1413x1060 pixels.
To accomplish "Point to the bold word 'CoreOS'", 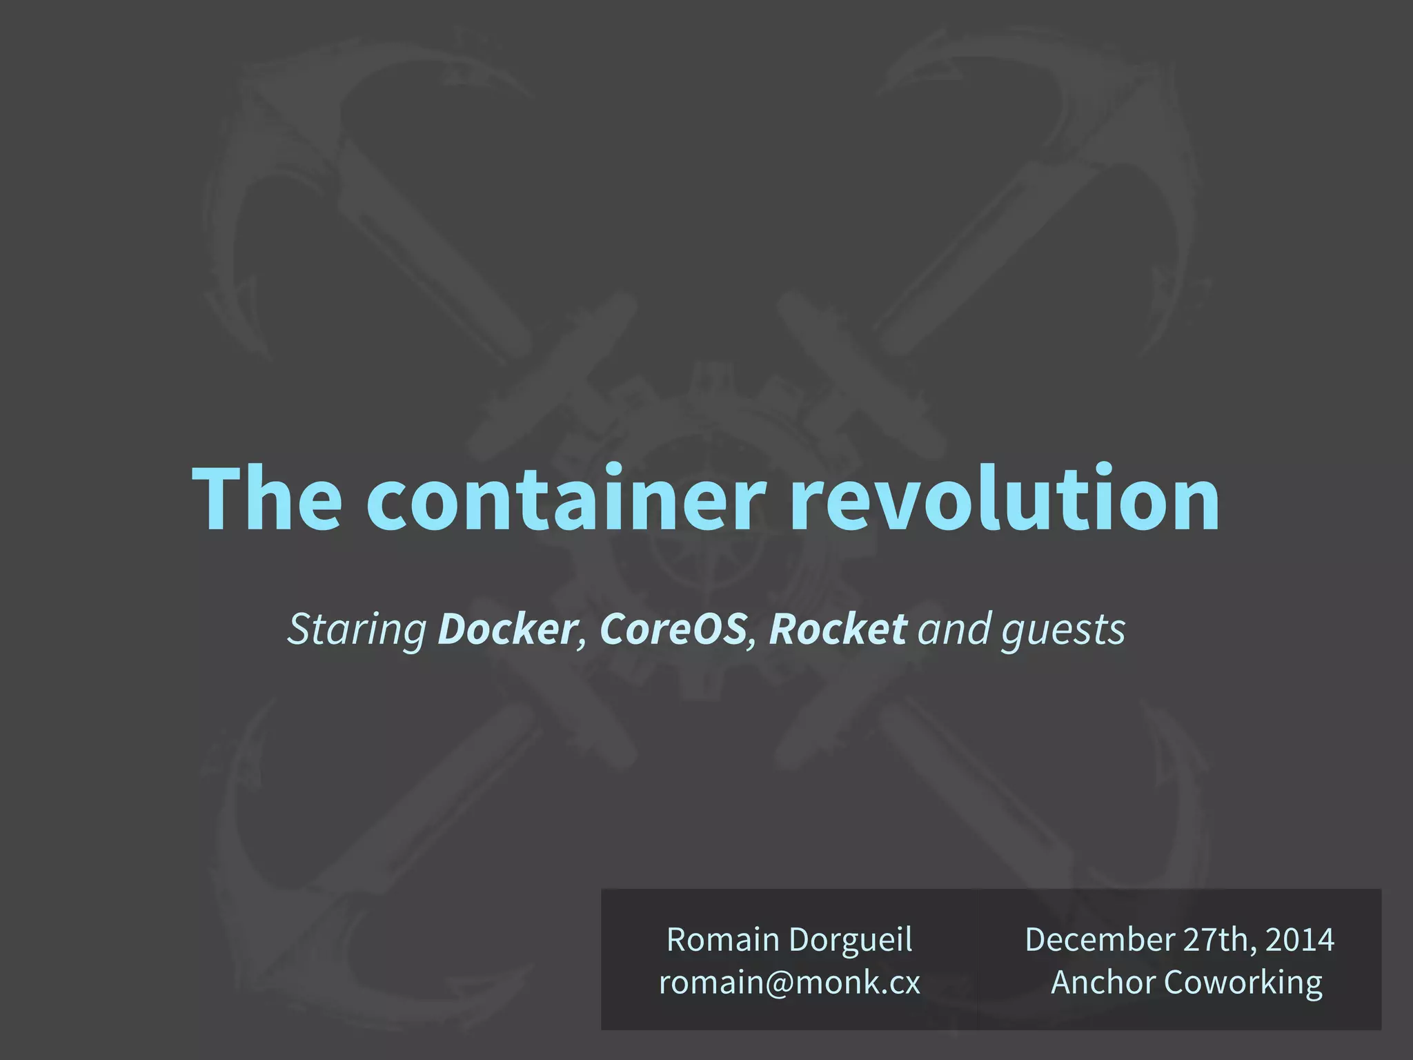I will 673,629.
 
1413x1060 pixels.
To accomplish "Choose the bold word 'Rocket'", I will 838,629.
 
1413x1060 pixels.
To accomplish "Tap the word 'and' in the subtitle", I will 955,629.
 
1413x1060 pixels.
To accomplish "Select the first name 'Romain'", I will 722,940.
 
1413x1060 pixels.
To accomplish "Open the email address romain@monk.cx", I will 789,983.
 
